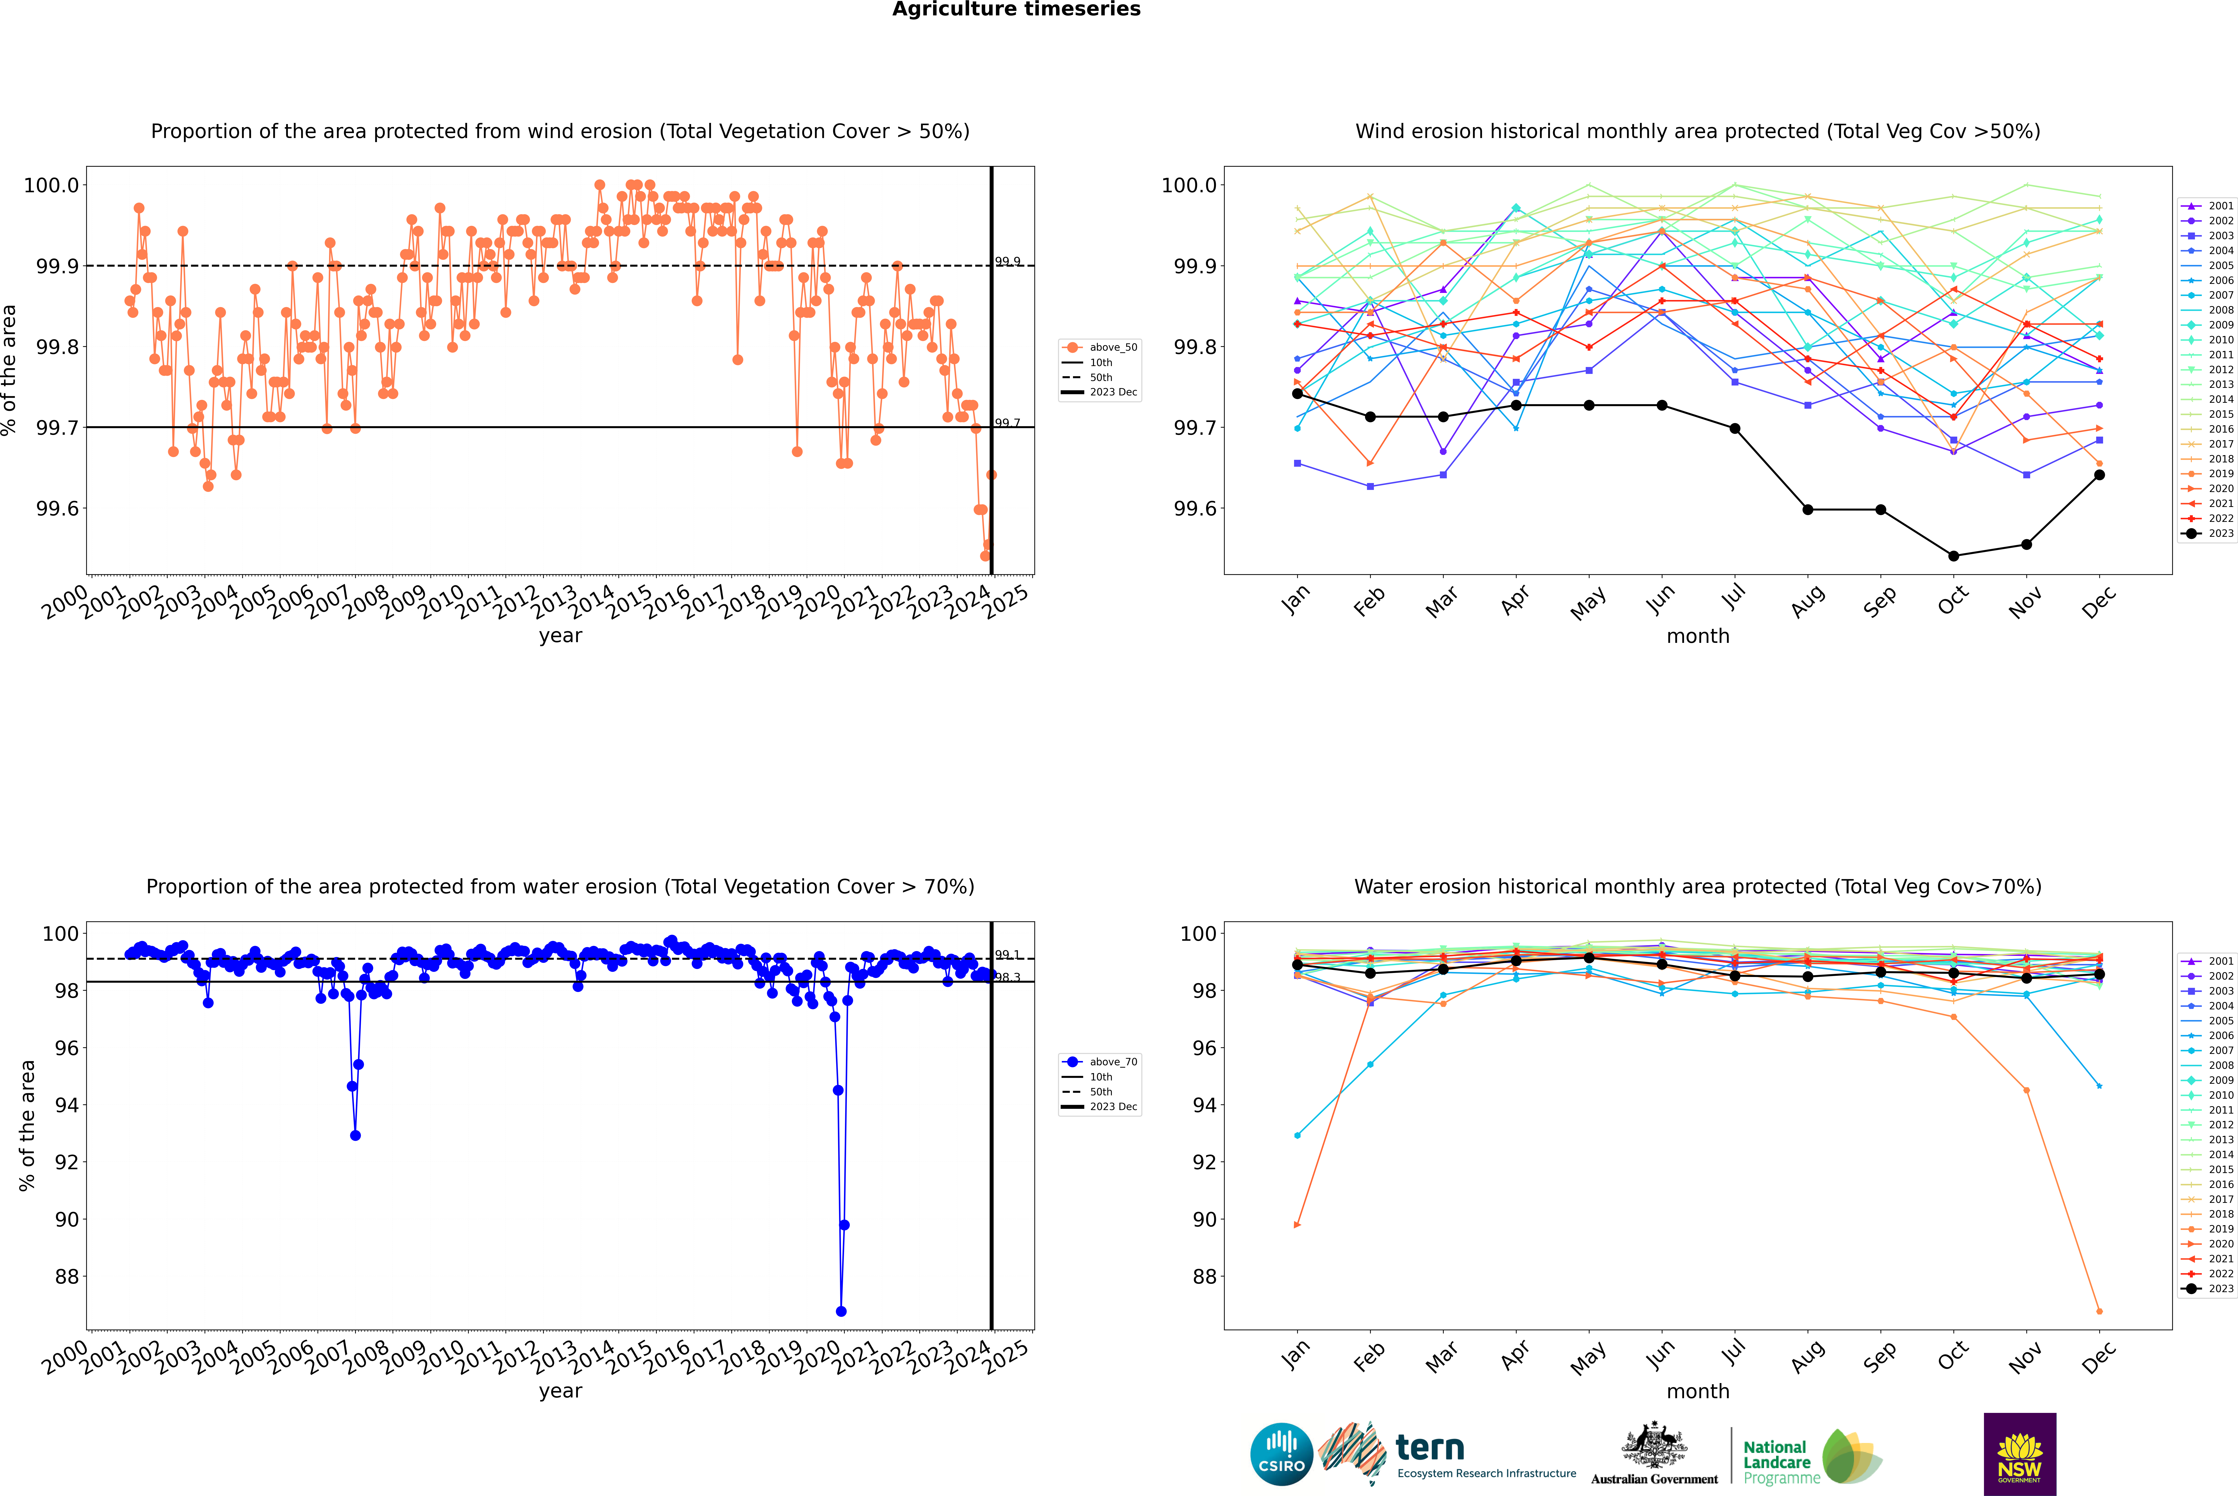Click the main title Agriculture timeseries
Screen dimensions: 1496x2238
pyautogui.click(x=1016, y=9)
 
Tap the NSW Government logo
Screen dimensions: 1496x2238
pyautogui.click(x=2019, y=1454)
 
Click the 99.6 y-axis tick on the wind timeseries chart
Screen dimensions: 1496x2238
pyautogui.click(x=57, y=509)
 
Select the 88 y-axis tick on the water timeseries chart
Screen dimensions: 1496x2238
pyautogui.click(x=67, y=1277)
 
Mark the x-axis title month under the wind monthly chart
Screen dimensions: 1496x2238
pyautogui.click(x=1697, y=636)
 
